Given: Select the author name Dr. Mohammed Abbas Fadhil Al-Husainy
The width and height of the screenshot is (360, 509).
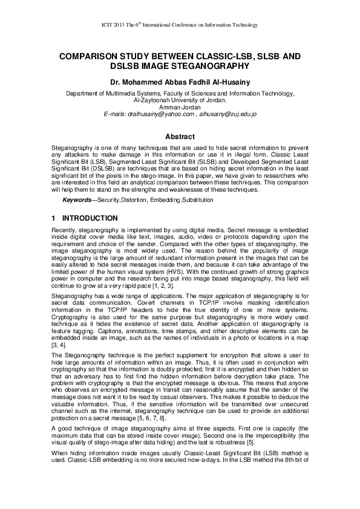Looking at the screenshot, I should tap(180, 81).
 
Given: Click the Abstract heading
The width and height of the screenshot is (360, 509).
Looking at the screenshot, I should tap(180, 137).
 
